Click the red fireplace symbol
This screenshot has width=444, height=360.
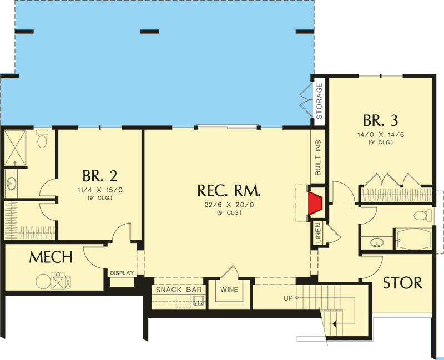coord(316,203)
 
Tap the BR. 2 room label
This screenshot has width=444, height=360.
coord(100,176)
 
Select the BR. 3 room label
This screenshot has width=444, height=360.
coord(380,120)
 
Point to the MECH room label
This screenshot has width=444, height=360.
coord(51,257)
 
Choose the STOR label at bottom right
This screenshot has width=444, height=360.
coord(403,282)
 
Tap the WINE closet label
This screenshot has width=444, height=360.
coord(229,290)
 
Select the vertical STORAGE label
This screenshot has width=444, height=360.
coord(319,101)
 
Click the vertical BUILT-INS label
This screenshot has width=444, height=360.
coord(319,158)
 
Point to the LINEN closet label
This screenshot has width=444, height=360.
coord(319,234)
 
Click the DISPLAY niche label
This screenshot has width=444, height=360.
coord(122,273)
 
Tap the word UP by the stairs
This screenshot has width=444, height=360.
coord(288,298)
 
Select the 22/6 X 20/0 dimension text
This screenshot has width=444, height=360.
coord(229,206)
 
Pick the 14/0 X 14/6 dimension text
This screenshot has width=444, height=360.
coord(380,135)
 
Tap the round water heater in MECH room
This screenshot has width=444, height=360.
coord(43,282)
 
